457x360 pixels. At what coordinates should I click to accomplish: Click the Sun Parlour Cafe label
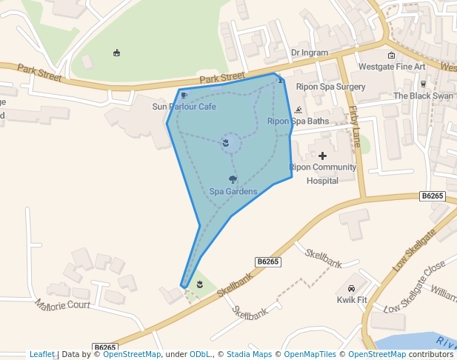pos(184,107)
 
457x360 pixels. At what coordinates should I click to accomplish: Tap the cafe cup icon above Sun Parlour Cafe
pos(184,96)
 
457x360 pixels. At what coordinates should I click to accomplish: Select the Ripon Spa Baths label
pos(298,121)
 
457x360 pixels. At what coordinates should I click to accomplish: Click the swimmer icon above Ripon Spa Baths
pos(298,110)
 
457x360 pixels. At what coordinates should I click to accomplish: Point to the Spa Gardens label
pos(233,191)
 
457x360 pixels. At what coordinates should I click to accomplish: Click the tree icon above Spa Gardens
pos(233,179)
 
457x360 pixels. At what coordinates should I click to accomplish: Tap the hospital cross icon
pos(322,156)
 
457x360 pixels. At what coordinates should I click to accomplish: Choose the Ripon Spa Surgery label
pos(331,87)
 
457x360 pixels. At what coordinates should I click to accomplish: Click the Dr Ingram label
pos(309,53)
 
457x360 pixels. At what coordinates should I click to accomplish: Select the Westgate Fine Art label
pos(392,67)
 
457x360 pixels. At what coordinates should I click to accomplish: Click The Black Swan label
pos(423,96)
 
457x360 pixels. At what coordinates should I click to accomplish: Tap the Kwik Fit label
pos(352,299)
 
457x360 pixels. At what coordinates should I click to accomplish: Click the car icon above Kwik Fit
pos(352,288)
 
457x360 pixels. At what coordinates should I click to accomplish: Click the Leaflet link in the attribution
pos(41,354)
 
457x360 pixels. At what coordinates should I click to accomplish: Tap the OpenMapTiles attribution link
pos(310,354)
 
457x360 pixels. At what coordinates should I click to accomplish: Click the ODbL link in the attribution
pos(200,354)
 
